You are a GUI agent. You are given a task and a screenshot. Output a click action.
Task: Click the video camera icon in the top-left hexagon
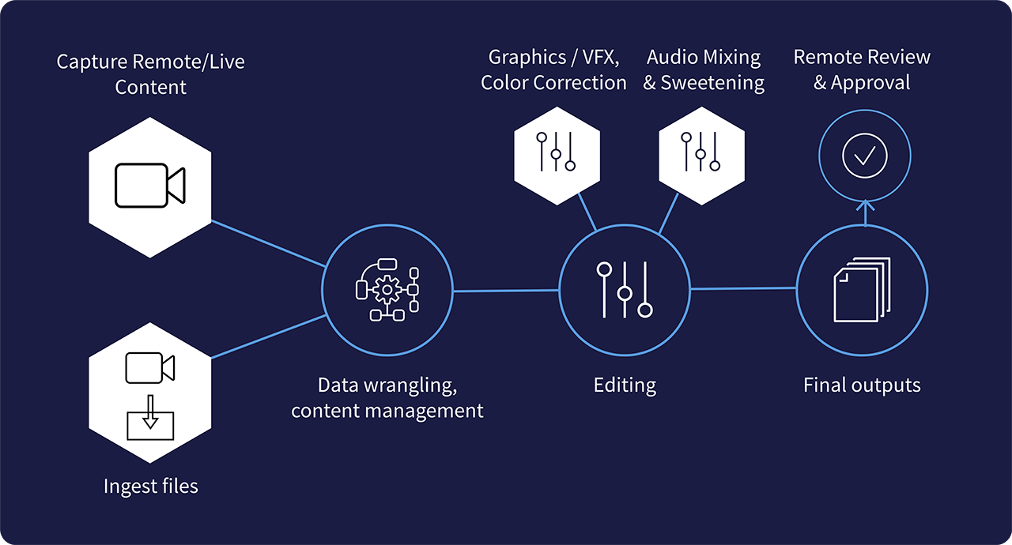(x=149, y=186)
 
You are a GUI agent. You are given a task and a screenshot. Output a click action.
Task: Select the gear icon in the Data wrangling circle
(x=387, y=290)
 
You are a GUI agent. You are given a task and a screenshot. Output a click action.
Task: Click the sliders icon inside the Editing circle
(x=625, y=290)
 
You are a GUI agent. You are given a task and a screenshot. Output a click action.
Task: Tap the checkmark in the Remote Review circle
(x=864, y=156)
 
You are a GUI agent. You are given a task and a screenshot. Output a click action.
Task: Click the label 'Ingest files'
(x=150, y=486)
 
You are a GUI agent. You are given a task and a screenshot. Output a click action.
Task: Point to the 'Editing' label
(x=625, y=385)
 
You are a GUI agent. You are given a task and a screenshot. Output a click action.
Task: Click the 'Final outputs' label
(x=862, y=385)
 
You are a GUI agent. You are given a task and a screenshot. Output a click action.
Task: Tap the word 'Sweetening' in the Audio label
(x=712, y=83)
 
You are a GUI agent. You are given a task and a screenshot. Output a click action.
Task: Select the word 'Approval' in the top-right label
(x=870, y=83)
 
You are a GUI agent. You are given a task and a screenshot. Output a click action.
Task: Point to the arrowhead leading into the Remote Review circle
(x=864, y=203)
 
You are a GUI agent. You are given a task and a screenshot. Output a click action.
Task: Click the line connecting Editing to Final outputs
(x=743, y=289)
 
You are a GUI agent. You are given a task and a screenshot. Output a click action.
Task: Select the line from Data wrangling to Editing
(x=506, y=291)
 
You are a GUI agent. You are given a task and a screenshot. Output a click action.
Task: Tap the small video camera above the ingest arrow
(x=150, y=368)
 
